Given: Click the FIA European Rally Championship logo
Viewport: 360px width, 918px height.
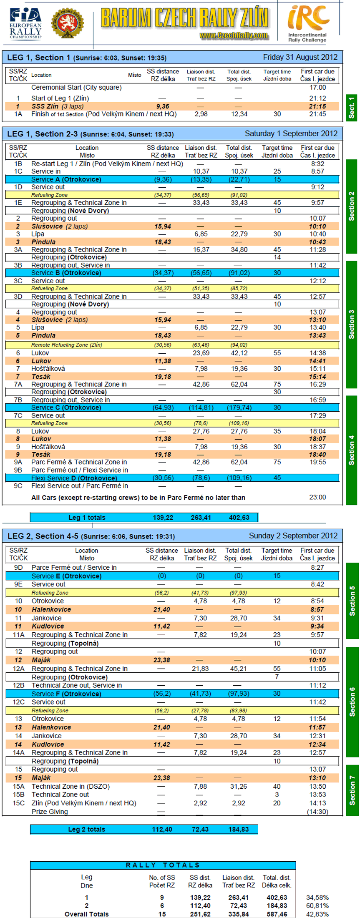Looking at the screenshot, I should [x=25, y=23].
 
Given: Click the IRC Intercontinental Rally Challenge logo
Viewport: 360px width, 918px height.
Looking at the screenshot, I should [x=308, y=23].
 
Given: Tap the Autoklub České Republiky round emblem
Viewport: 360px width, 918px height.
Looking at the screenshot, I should [x=67, y=23].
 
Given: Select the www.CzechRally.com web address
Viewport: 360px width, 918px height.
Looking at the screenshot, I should [x=234, y=36].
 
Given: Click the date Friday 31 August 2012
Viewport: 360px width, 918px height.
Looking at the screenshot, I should [x=300, y=57].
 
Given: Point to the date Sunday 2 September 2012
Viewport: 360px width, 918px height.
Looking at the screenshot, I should [x=293, y=536].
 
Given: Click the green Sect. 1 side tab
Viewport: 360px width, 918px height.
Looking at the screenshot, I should [x=351, y=108].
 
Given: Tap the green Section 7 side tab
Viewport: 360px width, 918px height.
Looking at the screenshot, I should [x=352, y=790].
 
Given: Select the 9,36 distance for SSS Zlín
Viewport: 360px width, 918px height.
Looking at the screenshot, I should [x=162, y=106].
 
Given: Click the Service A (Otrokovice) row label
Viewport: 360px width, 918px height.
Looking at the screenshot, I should [x=66, y=179].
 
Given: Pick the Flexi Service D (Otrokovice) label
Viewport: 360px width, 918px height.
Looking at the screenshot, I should [x=74, y=478].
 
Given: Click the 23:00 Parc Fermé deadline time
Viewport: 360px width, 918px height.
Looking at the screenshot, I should [x=317, y=497].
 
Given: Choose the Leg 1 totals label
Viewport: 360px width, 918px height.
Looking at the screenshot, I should [x=87, y=518].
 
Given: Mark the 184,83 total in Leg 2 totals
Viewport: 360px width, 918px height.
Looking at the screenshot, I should [x=239, y=829].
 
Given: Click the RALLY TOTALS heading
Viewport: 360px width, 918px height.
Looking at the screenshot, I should [x=163, y=865].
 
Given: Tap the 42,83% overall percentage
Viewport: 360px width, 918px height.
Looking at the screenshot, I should [x=317, y=914].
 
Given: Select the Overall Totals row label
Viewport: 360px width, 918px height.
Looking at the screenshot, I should [x=86, y=914].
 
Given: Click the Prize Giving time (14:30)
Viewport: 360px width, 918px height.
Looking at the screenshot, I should [x=317, y=812].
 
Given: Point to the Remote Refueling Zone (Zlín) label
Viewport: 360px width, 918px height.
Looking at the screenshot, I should [x=66, y=345].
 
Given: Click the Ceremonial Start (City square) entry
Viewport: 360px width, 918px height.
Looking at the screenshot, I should [x=76, y=88].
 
